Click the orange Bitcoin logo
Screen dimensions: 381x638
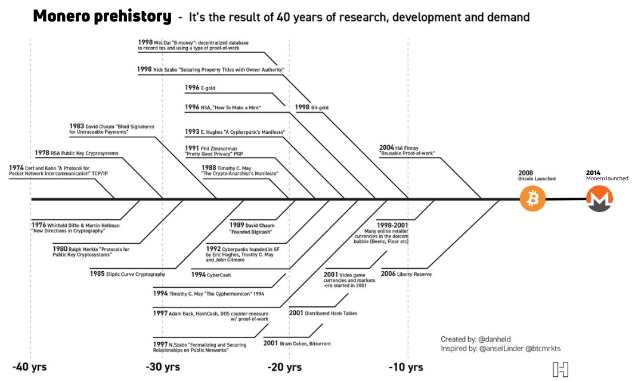(x=532, y=199)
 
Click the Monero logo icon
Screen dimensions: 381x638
(x=600, y=199)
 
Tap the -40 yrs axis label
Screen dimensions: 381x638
(x=30, y=367)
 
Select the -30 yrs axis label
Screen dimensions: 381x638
(x=162, y=367)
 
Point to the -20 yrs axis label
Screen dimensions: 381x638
(x=284, y=367)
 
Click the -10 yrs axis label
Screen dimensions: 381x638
(x=406, y=367)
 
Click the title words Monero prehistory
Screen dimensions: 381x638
(x=102, y=16)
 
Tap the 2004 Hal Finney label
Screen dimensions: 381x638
(x=407, y=150)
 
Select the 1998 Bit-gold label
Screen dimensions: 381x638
(x=312, y=107)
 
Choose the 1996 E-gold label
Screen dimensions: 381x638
(x=200, y=88)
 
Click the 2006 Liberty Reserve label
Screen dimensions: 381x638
(x=406, y=274)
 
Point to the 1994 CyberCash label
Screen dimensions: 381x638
(x=211, y=275)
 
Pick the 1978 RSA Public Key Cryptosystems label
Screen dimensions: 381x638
(x=76, y=153)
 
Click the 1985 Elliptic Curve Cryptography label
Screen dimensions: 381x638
(x=128, y=274)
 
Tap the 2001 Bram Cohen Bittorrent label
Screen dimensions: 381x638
(x=297, y=343)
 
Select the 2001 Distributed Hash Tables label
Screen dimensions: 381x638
(x=323, y=313)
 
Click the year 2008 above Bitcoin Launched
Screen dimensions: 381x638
(x=525, y=172)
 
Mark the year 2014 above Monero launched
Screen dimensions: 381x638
(x=593, y=172)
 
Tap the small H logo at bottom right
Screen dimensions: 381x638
(x=560, y=370)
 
